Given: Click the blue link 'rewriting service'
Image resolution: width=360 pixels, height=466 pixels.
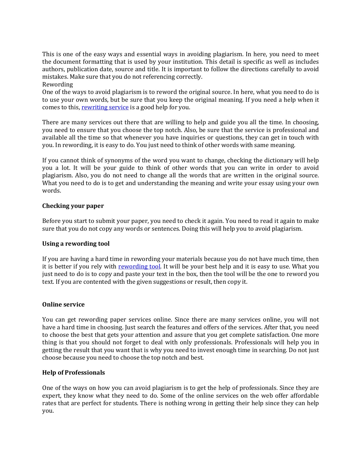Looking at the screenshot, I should tap(105, 107).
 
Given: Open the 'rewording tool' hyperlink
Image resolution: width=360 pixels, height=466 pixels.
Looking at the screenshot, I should tap(139, 267).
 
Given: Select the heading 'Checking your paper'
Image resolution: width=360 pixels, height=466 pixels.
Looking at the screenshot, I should tap(73, 206).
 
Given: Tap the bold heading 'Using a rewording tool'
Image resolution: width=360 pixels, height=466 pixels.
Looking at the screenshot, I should tap(76, 244).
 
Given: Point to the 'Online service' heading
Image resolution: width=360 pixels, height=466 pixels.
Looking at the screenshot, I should tap(63, 304).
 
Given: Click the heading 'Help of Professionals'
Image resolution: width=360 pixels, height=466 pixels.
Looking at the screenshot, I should tap(74, 373).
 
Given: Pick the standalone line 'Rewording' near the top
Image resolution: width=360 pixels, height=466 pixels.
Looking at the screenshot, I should tap(57, 85).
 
